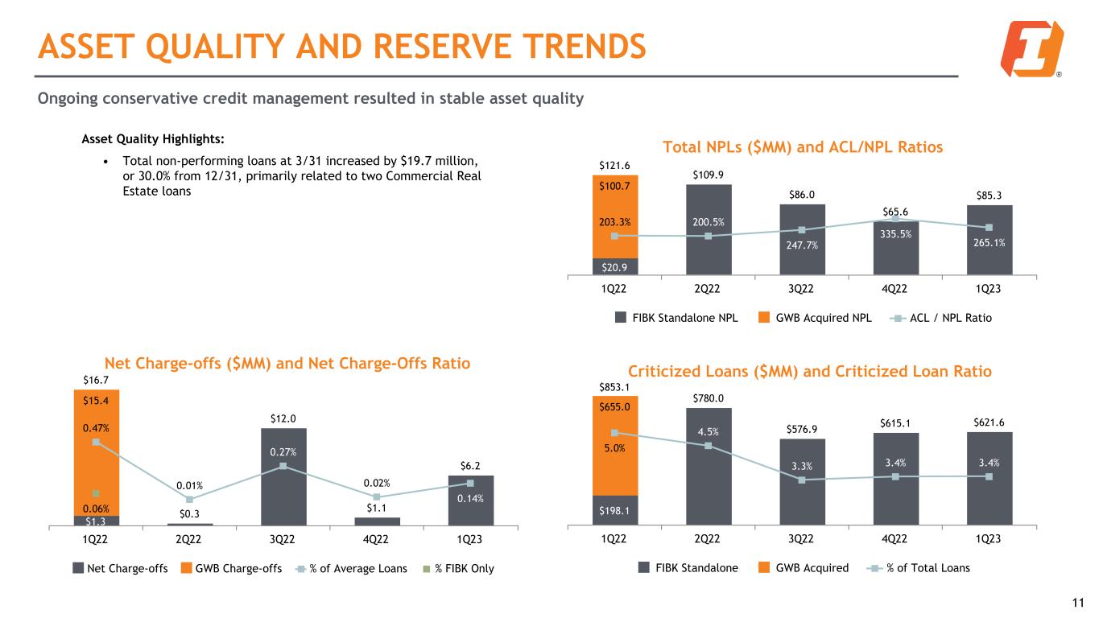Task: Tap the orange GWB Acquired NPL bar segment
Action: (614, 216)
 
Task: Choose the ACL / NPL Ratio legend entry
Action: (941, 318)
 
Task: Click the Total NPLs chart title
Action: (803, 147)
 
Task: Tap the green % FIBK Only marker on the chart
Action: (95, 492)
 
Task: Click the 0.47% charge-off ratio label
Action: (95, 429)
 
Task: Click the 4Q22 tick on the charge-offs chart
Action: (377, 538)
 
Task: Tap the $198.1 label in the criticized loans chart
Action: (614, 509)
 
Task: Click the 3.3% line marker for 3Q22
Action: (802, 480)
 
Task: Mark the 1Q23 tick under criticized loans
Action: (989, 538)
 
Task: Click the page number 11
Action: (1080, 602)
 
